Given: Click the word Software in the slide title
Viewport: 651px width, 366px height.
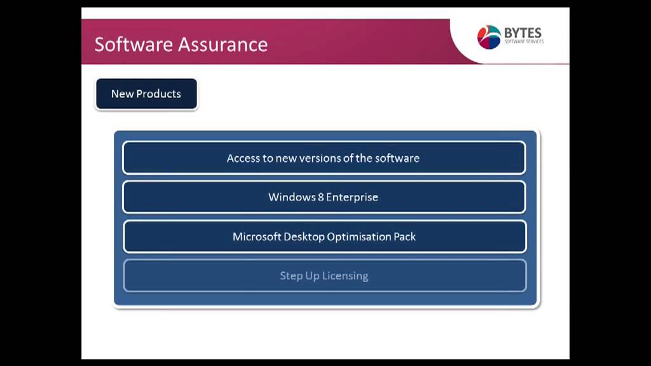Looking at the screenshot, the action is (134, 44).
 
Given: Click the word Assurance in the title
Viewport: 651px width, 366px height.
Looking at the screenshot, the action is (223, 44).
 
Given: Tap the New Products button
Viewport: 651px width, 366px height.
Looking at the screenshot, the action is (147, 94).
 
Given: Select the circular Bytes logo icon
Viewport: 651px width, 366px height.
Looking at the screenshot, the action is (489, 37).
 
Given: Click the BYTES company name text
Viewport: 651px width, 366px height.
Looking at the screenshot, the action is (523, 33).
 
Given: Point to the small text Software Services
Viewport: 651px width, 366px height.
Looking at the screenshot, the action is (524, 41).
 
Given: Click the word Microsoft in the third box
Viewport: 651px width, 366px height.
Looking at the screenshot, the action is (257, 236).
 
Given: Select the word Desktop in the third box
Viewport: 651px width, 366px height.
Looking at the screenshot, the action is (305, 237).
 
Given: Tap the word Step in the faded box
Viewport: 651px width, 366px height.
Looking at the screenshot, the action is (291, 276).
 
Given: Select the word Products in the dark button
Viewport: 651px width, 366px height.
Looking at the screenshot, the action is (158, 94).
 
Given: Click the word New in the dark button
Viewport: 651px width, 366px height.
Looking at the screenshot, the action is (122, 94).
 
